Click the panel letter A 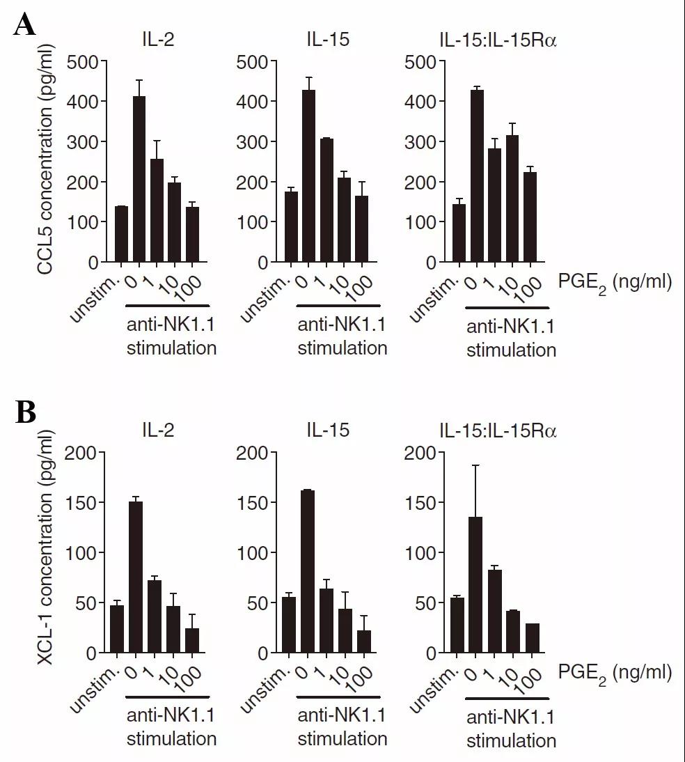[x=25, y=26]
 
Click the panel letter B [x=26, y=413]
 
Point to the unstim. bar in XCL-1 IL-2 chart [x=117, y=629]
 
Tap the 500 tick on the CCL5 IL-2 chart [x=84, y=61]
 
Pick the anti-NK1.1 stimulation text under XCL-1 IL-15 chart [x=342, y=726]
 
